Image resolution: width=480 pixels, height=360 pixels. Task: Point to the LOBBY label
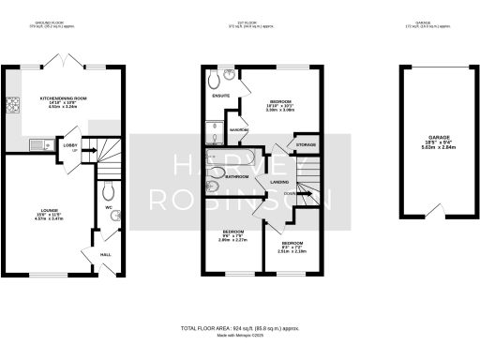pos(69,144)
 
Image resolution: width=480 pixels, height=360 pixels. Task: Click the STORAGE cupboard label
pos(306,145)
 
